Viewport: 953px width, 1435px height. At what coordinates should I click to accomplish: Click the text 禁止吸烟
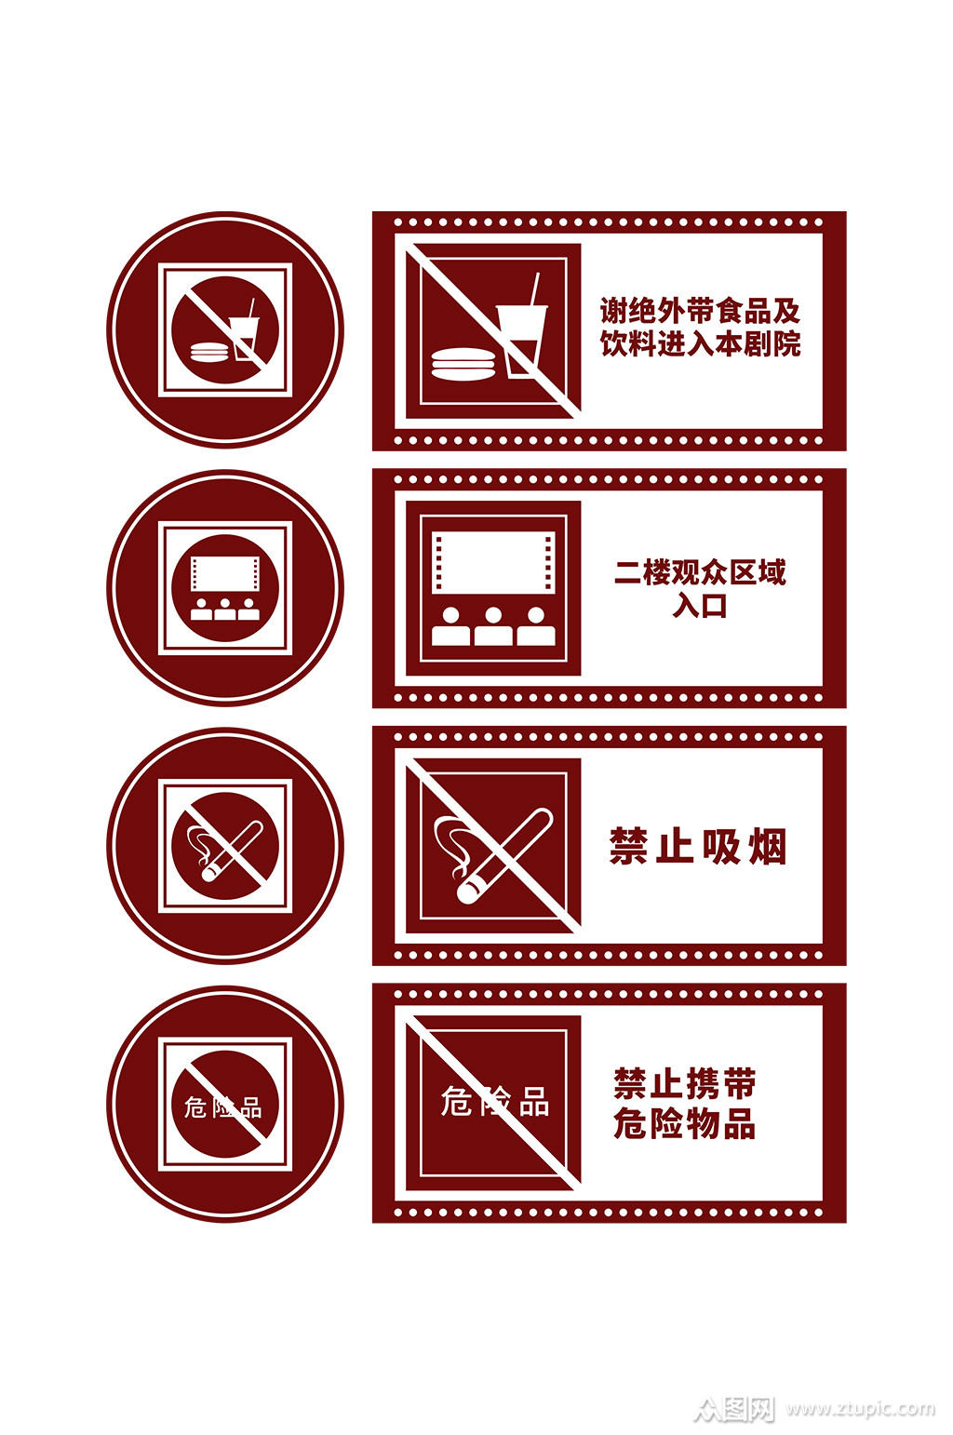(697, 846)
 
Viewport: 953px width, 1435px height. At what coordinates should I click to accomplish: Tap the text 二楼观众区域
(700, 572)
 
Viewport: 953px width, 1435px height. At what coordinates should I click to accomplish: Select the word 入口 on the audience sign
(699, 605)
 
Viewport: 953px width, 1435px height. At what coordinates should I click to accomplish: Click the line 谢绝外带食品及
(700, 311)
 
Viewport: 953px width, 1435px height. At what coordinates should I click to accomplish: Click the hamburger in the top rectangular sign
(463, 364)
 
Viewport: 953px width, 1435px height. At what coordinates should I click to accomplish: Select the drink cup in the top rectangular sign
(522, 341)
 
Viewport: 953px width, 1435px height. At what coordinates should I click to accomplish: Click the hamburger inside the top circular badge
(209, 353)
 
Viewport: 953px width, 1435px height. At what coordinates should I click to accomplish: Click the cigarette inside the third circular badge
(231, 851)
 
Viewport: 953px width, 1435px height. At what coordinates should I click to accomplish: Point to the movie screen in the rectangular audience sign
(493, 561)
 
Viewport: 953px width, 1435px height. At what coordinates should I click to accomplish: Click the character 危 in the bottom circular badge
(195, 1107)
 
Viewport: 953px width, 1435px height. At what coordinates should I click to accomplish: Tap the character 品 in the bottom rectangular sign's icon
(533, 1101)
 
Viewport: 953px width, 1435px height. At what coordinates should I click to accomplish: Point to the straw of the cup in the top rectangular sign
(533, 288)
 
